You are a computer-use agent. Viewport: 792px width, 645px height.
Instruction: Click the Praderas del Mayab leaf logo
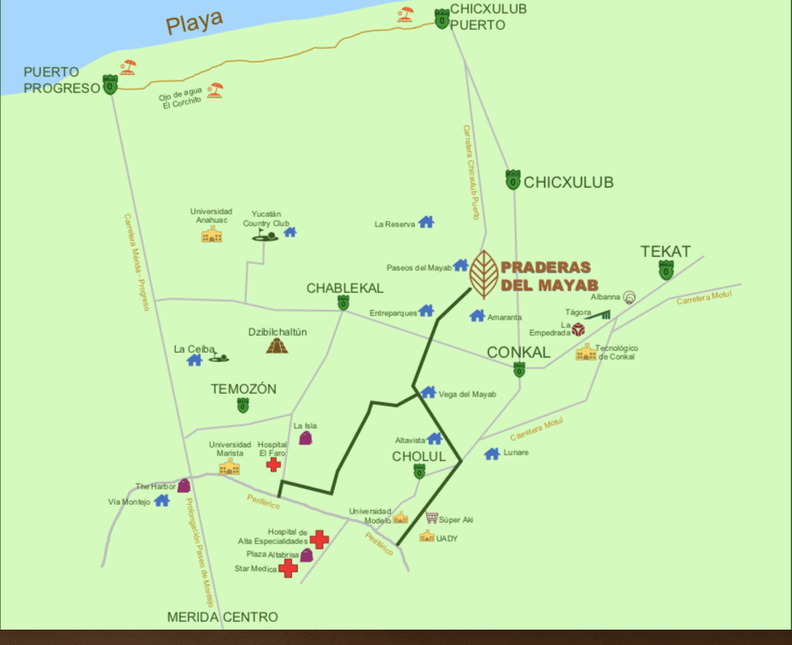[484, 274]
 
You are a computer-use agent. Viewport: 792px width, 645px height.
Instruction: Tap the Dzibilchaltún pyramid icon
[277, 345]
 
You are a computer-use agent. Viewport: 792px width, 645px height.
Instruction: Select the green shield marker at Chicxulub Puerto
[442, 18]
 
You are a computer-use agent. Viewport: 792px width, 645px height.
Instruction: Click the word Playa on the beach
[194, 21]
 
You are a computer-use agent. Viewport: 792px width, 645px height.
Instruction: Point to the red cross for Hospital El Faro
[273, 464]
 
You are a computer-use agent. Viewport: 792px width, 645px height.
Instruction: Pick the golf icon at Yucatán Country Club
[264, 233]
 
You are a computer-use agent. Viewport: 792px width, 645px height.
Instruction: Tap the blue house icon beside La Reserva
[425, 222]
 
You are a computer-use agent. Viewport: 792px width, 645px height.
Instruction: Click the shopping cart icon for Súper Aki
[432, 518]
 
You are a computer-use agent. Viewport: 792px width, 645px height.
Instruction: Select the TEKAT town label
[666, 251]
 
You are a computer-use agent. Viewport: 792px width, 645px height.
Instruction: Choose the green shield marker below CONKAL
[519, 370]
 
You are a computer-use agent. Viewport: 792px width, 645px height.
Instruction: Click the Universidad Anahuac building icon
[211, 233]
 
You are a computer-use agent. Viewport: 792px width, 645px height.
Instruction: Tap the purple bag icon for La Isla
[305, 437]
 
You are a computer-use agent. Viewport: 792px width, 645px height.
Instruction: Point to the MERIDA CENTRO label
[222, 617]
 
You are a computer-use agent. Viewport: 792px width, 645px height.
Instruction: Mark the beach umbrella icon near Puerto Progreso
[128, 67]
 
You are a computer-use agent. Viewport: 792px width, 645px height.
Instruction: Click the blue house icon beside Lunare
[491, 454]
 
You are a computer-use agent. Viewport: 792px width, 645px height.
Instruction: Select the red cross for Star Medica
[288, 568]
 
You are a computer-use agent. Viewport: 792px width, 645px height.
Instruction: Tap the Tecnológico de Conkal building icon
[586, 352]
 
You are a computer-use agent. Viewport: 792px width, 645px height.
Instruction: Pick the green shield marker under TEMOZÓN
[243, 406]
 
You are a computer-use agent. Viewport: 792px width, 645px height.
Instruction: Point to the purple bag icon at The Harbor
[183, 485]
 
